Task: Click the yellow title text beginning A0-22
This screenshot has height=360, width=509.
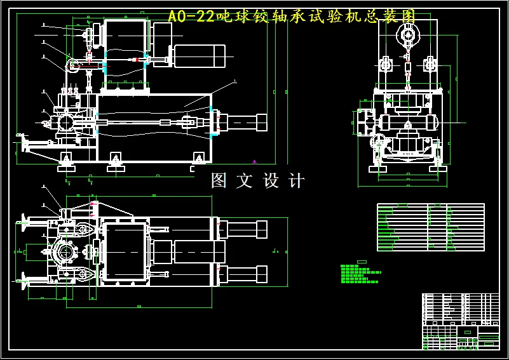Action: tap(292, 17)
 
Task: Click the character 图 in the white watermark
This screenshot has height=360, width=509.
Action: tap(219, 181)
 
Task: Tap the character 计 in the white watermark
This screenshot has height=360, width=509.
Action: tap(296, 181)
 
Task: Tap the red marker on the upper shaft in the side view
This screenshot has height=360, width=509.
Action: tap(135, 60)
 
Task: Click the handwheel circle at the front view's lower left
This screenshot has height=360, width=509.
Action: tap(377, 141)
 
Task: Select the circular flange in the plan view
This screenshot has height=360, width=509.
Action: tap(65, 253)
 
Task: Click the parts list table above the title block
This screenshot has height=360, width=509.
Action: tap(430, 227)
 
